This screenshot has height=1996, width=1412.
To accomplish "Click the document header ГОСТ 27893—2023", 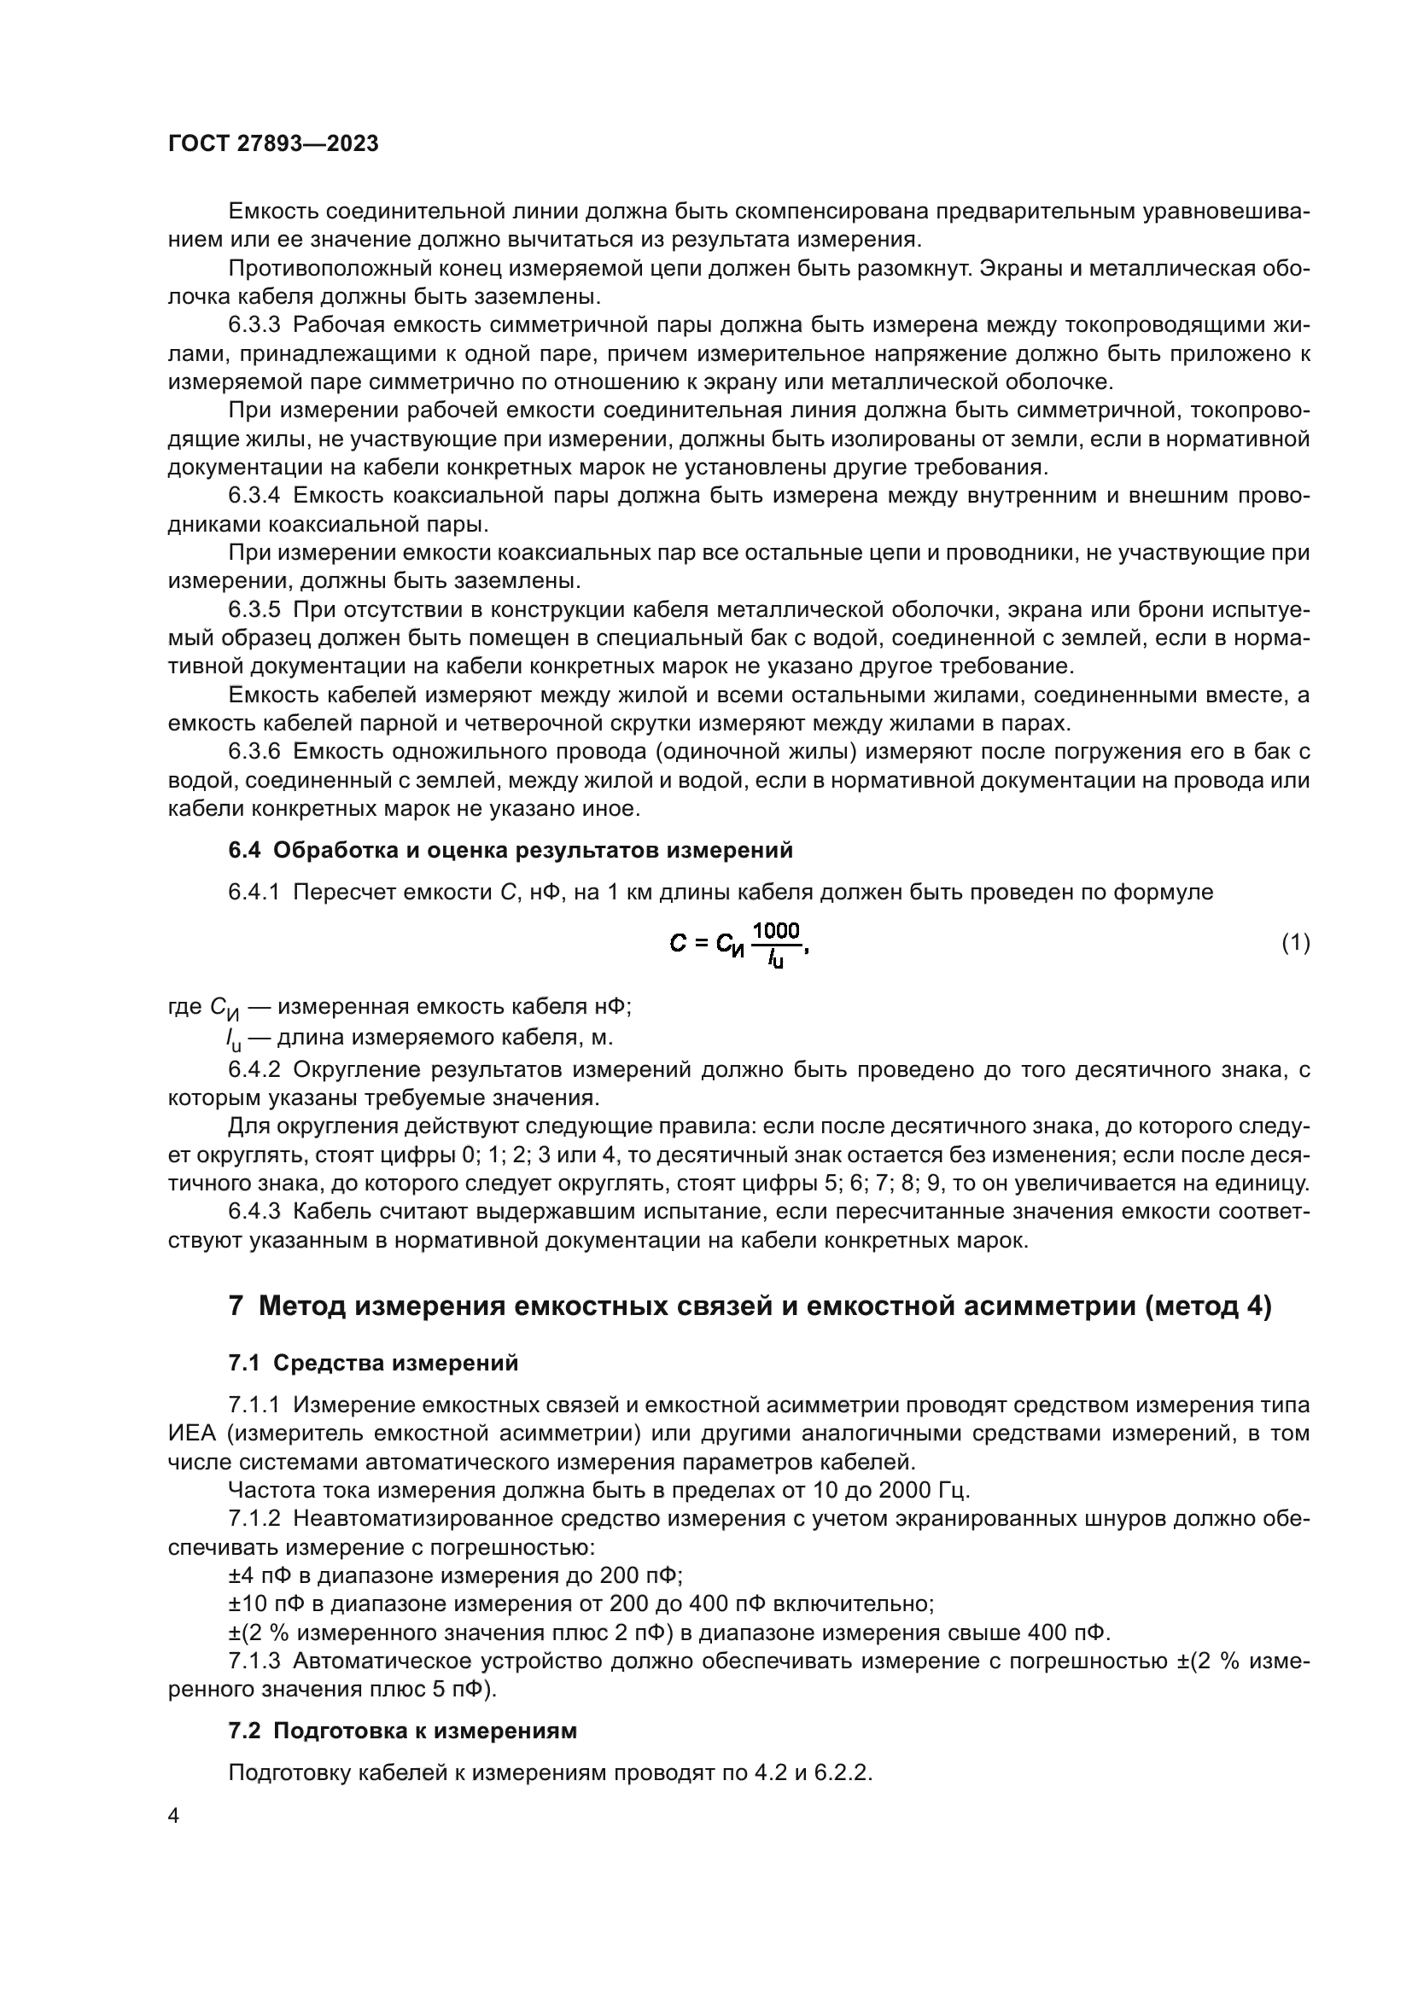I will (273, 144).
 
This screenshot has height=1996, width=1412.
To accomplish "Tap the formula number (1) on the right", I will (1296, 942).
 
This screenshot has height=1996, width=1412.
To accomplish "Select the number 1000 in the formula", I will (775, 931).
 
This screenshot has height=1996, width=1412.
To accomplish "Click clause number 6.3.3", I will (254, 325).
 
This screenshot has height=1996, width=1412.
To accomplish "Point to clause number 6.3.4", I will (254, 496).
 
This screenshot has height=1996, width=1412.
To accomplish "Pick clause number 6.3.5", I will (254, 609).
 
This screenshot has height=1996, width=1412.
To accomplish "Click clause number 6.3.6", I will (254, 751).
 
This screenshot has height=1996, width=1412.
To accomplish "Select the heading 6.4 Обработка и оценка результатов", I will (511, 850).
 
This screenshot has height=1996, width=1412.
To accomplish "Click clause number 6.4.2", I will (254, 1069).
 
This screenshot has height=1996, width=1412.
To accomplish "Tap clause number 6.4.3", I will (254, 1211).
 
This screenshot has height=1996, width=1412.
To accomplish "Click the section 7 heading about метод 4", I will (750, 1306).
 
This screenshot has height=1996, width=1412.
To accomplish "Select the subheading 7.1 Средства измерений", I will (373, 1363).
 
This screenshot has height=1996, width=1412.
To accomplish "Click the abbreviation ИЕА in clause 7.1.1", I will (187, 1434).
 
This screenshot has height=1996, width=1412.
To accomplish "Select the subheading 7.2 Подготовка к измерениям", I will (402, 1731).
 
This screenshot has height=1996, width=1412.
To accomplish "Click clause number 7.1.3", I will (254, 1661).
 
